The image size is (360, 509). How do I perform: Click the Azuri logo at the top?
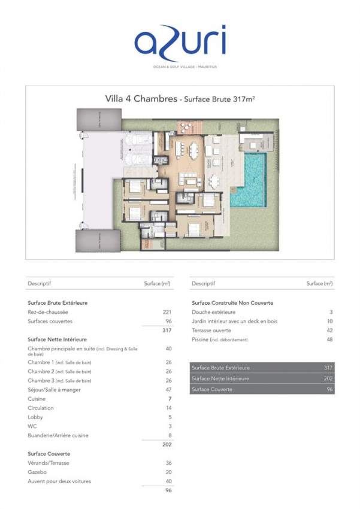[x=180, y=44]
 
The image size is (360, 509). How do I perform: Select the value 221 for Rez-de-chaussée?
[x=167, y=313]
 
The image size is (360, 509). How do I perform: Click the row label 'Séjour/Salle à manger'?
[x=54, y=390]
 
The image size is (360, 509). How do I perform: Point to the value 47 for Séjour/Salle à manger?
[x=168, y=390]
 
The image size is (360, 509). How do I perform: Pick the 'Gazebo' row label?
[x=38, y=472]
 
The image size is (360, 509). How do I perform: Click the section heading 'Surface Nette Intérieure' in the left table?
[x=58, y=340]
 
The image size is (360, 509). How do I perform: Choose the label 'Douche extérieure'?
[x=213, y=313]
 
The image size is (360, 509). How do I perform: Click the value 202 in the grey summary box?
[x=328, y=378]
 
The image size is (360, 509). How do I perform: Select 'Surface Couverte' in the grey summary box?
[x=212, y=390]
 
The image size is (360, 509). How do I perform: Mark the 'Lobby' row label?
[x=35, y=417]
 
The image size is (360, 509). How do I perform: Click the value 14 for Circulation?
[x=168, y=408]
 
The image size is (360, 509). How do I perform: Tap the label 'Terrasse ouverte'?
[x=213, y=331]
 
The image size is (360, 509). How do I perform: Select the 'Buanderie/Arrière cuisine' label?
[x=58, y=435]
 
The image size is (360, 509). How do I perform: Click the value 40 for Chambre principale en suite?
[x=168, y=349]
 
